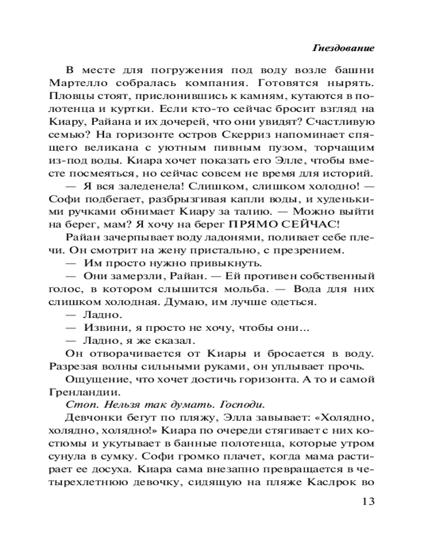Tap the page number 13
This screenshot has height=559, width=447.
click(x=365, y=500)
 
